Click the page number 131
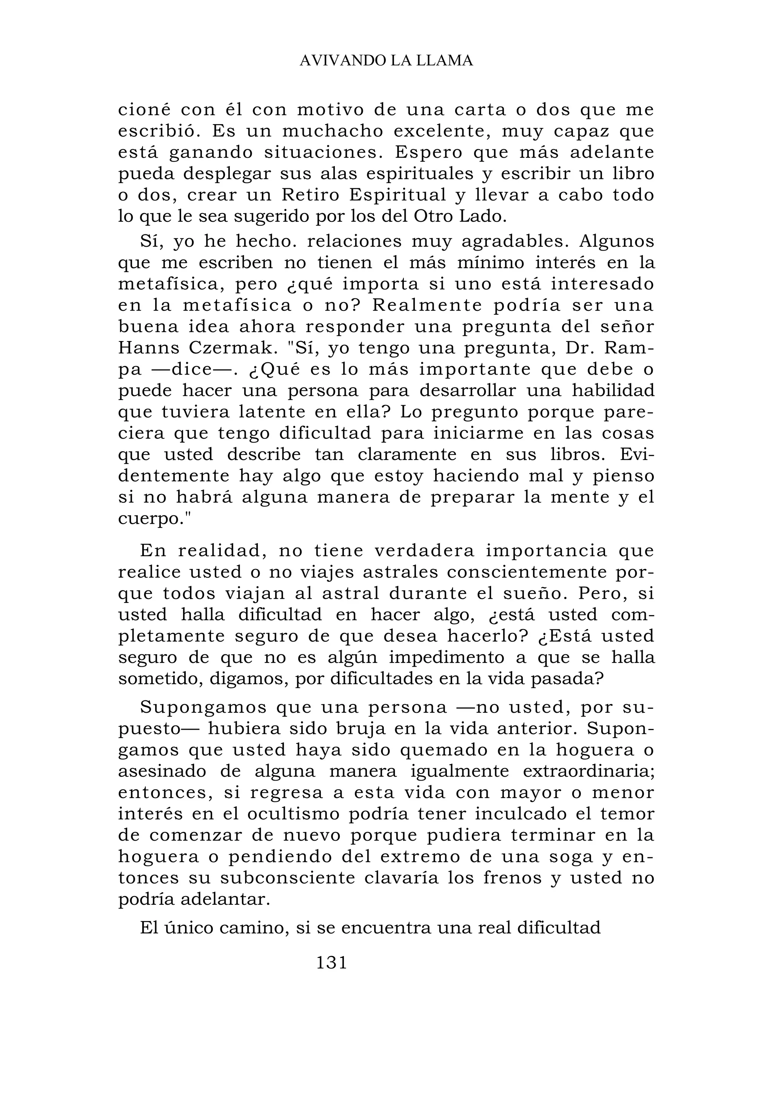pos(331,962)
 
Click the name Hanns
pos(149,348)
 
